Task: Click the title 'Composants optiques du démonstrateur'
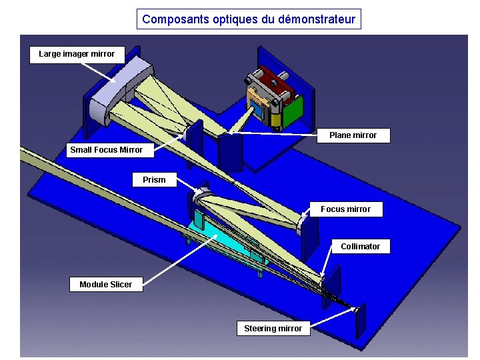(x=249, y=19)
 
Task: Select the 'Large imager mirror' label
(x=77, y=54)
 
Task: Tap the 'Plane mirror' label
(x=353, y=135)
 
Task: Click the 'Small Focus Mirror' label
(x=106, y=150)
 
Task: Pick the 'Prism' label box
(x=154, y=180)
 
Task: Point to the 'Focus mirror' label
(x=345, y=209)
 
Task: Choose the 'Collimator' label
(x=360, y=247)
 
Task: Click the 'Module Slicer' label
(x=105, y=285)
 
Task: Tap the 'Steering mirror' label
(x=273, y=329)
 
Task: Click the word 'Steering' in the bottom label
(x=259, y=329)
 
